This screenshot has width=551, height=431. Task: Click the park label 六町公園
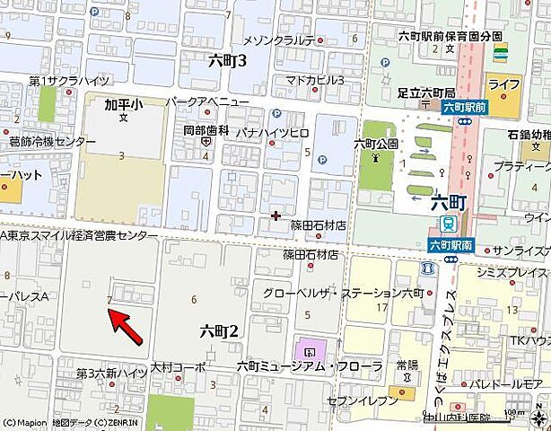coord(376,143)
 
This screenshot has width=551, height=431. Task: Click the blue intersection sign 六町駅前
coord(464,107)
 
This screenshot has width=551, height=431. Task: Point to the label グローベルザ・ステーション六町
coord(343,294)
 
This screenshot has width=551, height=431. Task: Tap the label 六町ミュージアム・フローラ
coord(296,365)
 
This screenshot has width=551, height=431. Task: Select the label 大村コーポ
coord(178,367)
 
